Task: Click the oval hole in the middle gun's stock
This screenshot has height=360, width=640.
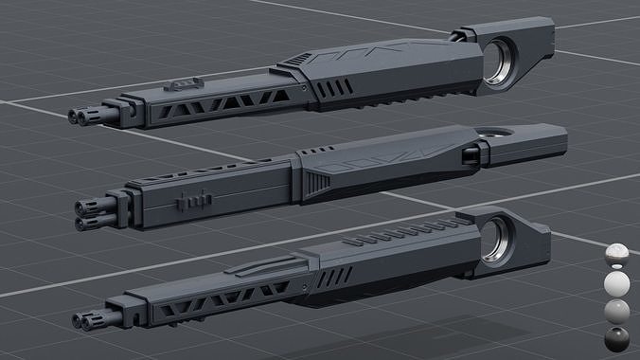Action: [491, 132]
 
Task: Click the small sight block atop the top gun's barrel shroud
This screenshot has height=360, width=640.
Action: [183, 83]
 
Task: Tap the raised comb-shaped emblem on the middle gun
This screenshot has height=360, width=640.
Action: [188, 202]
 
